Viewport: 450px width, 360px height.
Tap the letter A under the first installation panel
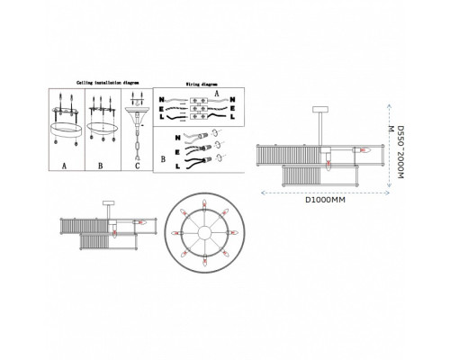(x=65, y=166)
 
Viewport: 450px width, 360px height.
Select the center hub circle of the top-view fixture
(x=203, y=232)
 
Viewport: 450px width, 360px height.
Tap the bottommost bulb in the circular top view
(x=203, y=262)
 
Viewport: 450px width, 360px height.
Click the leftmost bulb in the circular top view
(x=174, y=232)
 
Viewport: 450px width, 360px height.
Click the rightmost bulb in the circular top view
(x=233, y=232)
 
